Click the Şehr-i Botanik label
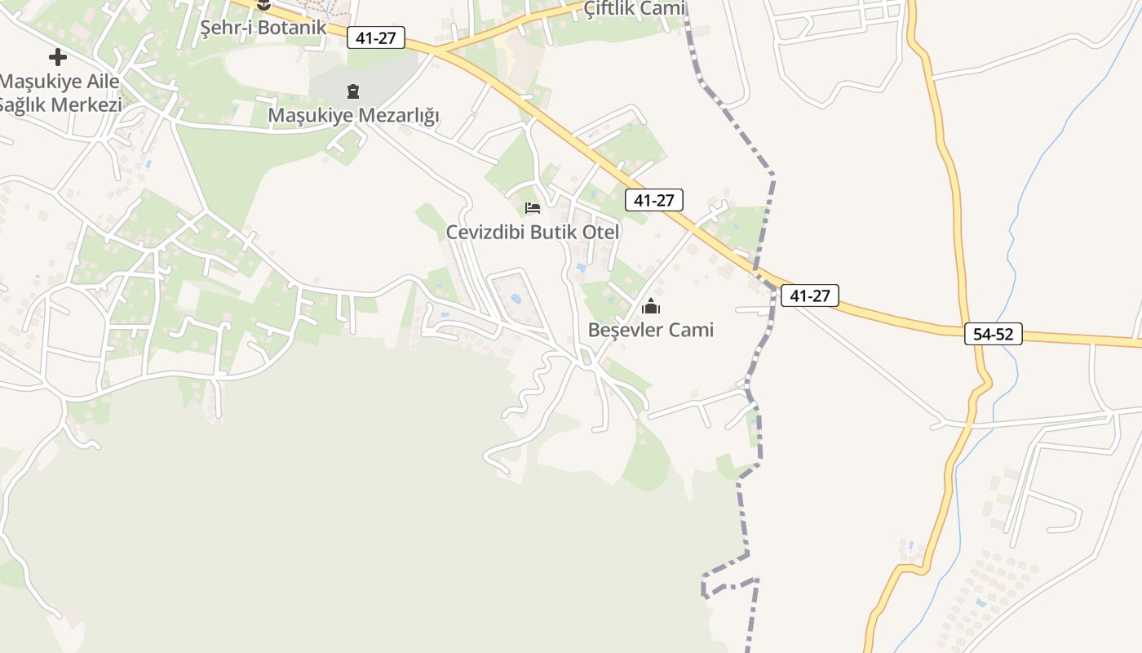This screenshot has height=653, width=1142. [x=263, y=27]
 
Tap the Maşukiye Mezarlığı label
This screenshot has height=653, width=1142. [x=353, y=115]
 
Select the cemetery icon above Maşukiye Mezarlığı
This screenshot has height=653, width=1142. [x=353, y=91]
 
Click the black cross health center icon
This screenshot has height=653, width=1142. [x=58, y=57]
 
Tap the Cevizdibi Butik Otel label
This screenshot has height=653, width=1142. [x=533, y=232]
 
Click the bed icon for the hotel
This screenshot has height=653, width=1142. [x=533, y=208]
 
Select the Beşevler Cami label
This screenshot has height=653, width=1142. [x=650, y=330]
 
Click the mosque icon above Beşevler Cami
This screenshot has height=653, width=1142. [x=651, y=307]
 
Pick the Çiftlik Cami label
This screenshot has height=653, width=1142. [x=635, y=8]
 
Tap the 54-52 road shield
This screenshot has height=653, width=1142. [x=993, y=334]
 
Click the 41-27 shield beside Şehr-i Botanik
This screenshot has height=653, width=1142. [x=375, y=38]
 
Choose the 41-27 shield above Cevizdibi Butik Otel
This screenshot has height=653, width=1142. [x=653, y=200]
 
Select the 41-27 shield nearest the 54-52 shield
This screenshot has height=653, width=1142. [x=809, y=295]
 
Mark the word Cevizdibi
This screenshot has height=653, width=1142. [x=485, y=232]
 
